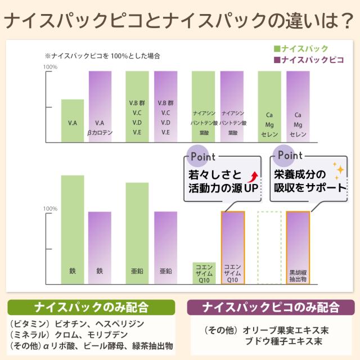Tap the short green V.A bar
[73, 120]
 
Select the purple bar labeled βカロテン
[100, 106]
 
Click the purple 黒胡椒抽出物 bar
[298, 247]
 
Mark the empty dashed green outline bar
[269, 247]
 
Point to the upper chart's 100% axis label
[50, 67]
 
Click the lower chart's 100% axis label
[50, 209]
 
